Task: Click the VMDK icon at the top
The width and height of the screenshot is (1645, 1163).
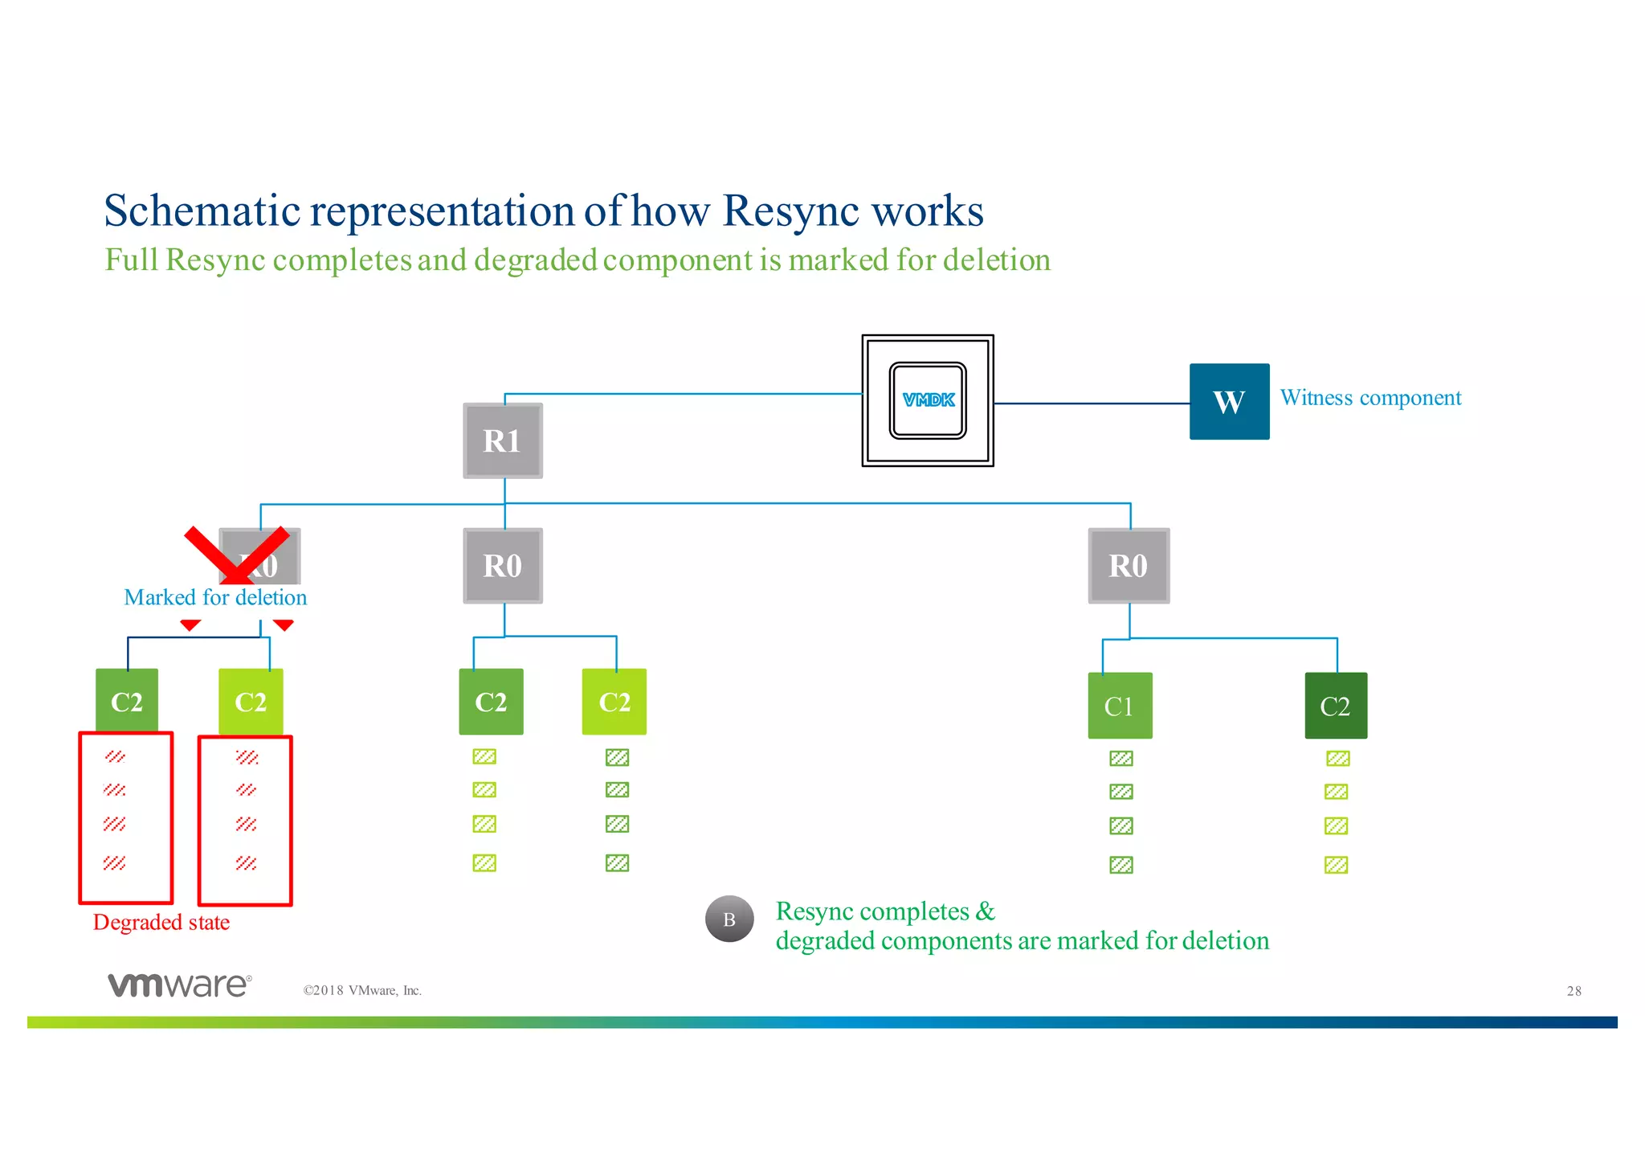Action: (928, 400)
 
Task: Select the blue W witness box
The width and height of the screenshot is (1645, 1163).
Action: (1229, 401)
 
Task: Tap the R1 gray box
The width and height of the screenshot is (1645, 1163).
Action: (503, 440)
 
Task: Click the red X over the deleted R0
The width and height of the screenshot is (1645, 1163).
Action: (236, 555)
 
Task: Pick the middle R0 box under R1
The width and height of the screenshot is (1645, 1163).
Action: (503, 565)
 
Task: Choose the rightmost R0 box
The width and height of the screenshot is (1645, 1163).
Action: (1129, 565)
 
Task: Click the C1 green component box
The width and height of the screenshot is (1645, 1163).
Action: (1120, 706)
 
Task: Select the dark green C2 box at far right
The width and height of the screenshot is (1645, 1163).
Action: (1336, 706)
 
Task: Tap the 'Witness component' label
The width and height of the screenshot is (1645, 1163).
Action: (1370, 398)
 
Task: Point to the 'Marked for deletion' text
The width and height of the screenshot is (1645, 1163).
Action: (215, 597)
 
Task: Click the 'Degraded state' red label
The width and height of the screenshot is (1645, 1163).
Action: (161, 922)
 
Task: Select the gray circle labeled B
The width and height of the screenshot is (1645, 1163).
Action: (729, 919)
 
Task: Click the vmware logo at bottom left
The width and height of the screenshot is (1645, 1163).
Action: (180, 985)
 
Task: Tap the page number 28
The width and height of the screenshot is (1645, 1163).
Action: (1574, 991)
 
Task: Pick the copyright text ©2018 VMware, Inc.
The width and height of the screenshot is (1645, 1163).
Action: (362, 990)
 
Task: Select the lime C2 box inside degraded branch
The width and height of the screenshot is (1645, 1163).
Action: (251, 702)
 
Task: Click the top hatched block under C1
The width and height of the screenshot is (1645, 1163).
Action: (1120, 759)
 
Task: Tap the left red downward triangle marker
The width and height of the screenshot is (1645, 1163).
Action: (190, 624)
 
